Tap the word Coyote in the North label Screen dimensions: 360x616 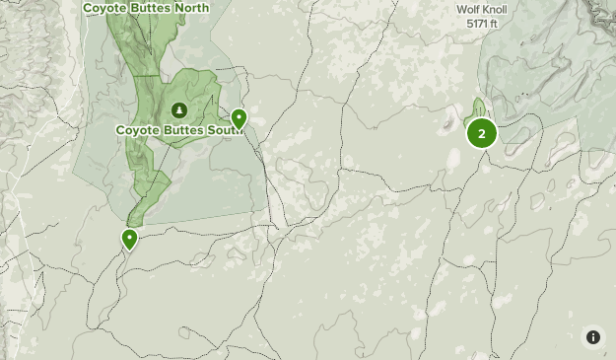tap(104, 8)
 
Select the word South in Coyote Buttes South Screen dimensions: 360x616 tap(225, 129)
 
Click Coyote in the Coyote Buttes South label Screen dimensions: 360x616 tap(138, 129)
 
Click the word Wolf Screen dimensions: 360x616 tap(467, 10)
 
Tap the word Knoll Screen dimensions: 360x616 tap(494, 10)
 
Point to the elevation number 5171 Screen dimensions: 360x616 tap(477, 23)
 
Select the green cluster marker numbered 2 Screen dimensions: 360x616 tap(481, 133)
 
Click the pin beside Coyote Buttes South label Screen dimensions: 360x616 tap(239, 119)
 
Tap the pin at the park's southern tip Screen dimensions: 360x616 tap(129, 238)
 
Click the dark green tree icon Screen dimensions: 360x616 tap(179, 109)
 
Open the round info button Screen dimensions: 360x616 tap(593, 337)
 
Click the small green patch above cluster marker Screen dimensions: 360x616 tap(479, 107)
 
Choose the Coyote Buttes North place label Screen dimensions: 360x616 tap(146, 8)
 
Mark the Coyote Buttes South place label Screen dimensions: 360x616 tap(180, 129)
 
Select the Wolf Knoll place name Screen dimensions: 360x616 tap(481, 10)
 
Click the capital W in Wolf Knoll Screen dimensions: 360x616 tap(460, 10)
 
